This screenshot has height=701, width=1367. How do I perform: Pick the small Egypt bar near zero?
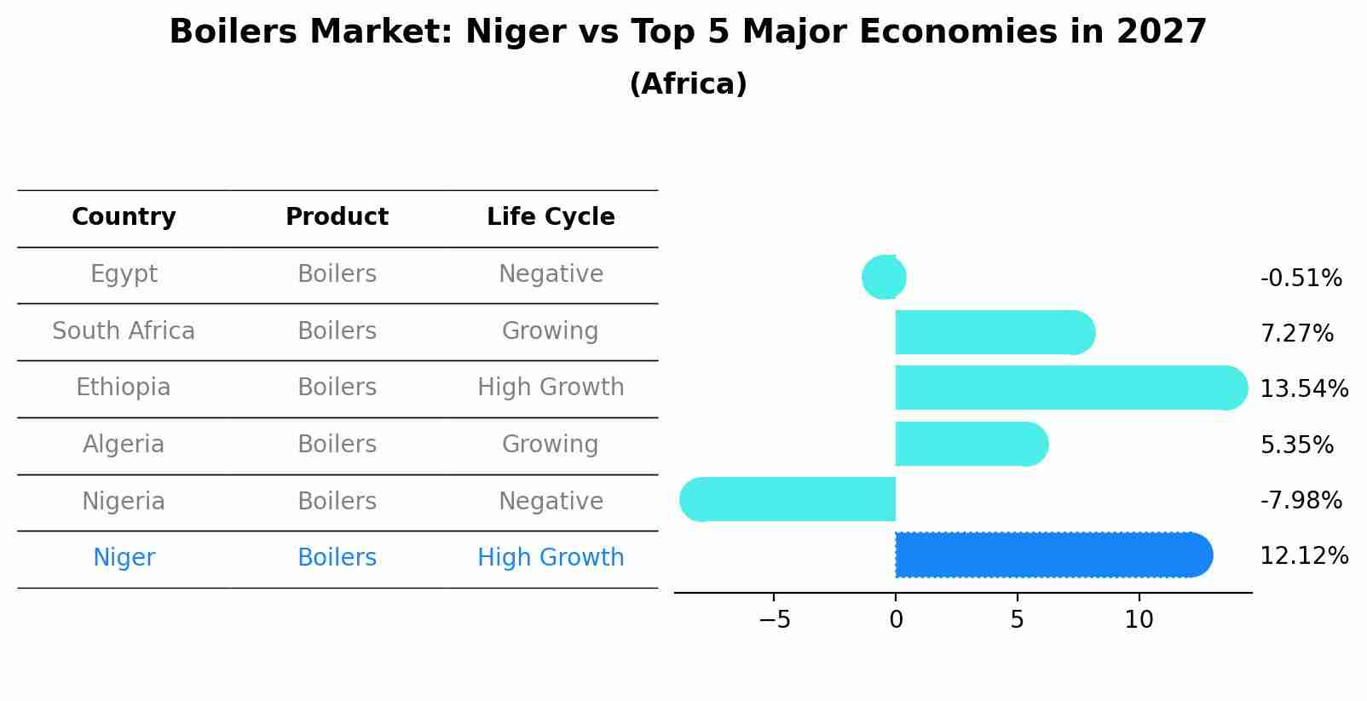pyautogui.click(x=885, y=277)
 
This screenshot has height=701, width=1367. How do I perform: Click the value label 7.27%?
pyautogui.click(x=1296, y=334)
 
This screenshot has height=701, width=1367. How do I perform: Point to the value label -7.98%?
pyautogui.click(x=1301, y=501)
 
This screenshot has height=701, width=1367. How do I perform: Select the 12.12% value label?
pyautogui.click(x=1304, y=556)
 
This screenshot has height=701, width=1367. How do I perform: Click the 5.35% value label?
pyautogui.click(x=1296, y=445)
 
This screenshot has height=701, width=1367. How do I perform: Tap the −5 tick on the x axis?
pyautogui.click(x=774, y=620)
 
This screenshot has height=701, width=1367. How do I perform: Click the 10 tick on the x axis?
pyautogui.click(x=1139, y=620)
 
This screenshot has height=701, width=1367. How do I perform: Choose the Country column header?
pyautogui.click(x=124, y=217)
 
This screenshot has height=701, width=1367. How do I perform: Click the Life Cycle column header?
pyautogui.click(x=551, y=217)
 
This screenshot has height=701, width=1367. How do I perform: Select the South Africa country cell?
pyautogui.click(x=124, y=331)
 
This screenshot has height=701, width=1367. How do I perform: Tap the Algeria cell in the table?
pyautogui.click(x=124, y=445)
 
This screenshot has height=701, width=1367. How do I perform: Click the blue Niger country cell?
pyautogui.click(x=124, y=558)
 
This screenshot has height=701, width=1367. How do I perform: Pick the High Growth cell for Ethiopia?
pyautogui.click(x=551, y=388)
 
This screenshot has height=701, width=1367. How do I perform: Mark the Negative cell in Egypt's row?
pyautogui.click(x=551, y=274)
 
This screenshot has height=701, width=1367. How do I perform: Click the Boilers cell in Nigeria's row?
pyautogui.click(x=337, y=502)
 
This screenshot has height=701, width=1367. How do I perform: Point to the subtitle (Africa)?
pyautogui.click(x=688, y=84)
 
